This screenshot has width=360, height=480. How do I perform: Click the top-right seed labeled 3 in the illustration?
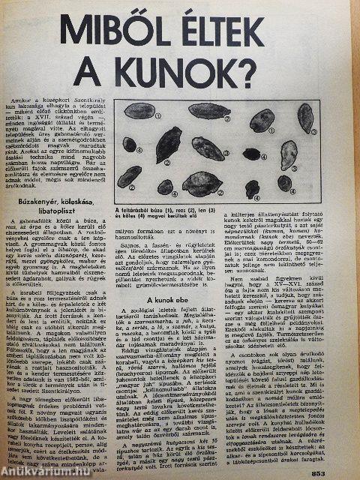point(305,115)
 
